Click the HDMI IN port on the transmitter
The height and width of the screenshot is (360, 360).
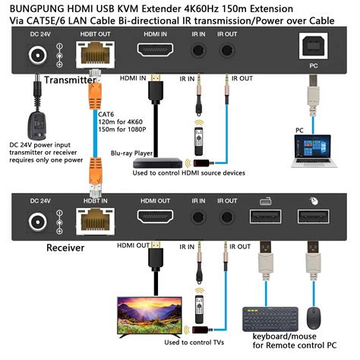coord(155,49)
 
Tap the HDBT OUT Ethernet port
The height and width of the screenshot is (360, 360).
coord(95,55)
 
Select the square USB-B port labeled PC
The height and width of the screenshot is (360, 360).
coord(314,46)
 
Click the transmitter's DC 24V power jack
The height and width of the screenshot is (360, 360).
coord(38,55)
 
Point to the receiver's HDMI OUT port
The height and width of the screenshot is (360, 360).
coord(155,216)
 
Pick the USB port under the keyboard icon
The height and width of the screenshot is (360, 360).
coord(265,216)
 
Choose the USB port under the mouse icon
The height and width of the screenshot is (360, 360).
coord(314,216)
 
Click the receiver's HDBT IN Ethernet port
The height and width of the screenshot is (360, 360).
coord(95,222)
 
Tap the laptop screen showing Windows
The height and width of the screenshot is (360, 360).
coord(313,147)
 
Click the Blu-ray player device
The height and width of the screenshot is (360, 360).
coord(158,163)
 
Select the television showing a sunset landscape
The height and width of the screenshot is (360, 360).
coord(150,317)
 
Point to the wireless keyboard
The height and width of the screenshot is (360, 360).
coord(270,319)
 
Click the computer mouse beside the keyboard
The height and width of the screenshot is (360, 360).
coord(314,318)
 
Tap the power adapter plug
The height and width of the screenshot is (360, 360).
coord(37,125)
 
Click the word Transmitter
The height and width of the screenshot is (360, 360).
coord(70,80)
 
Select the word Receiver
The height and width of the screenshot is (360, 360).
coord(65,248)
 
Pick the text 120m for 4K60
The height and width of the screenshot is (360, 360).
coord(121,122)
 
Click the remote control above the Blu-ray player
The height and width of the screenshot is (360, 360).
coord(199,141)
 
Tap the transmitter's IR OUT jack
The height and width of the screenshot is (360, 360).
coord(227,50)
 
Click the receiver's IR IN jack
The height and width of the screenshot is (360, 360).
coord(198,217)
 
